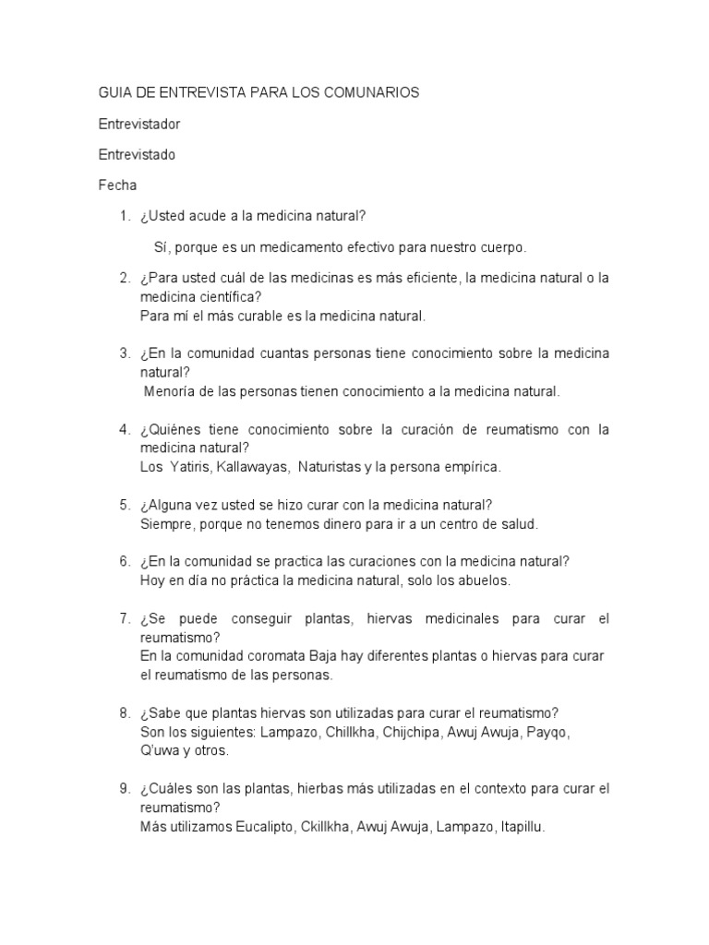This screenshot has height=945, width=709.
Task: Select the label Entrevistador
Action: point(139,123)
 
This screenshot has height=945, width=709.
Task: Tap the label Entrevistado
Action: point(137,154)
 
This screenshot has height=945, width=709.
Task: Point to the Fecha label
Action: point(117,185)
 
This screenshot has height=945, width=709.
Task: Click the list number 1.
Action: point(124,216)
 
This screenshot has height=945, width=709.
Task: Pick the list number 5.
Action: point(124,505)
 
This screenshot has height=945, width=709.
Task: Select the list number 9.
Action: point(124,789)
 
